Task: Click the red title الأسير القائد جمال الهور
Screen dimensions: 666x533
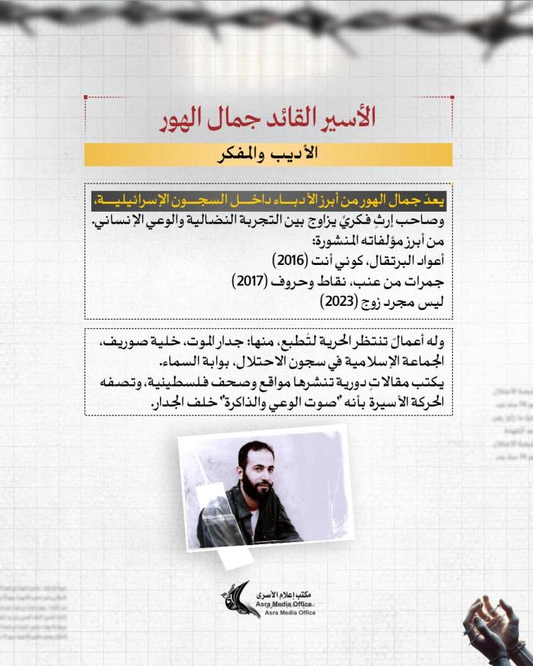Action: [268, 119]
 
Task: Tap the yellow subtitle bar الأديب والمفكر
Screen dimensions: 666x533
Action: [268, 154]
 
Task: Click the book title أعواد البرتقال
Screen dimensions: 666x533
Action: [402, 261]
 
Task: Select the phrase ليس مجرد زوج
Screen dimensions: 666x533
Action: [403, 301]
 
